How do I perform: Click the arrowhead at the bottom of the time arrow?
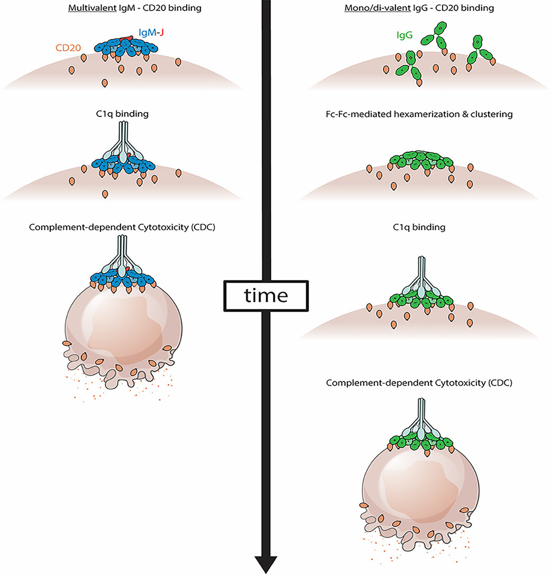click(266, 563)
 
